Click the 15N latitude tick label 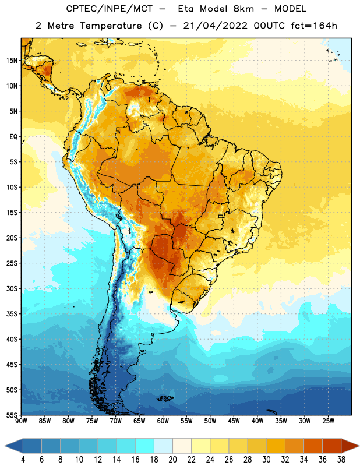pos(12,61)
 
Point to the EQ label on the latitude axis pos(13,137)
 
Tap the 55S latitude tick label pos(12,415)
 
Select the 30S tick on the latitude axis pos(12,288)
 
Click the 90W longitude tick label pos(21,421)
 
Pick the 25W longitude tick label pos(328,421)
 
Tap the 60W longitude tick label pos(163,421)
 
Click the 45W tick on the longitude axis pos(234,421)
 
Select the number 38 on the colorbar pos(341,460)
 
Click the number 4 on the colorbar pos(23,460)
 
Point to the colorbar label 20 pos(172,460)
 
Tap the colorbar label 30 pos(266,460)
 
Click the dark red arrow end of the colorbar pos(350,446)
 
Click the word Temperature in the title pos(111,26)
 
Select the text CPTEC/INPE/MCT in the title pos(109,9)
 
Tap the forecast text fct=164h pos(314,26)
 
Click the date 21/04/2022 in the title pos(215,26)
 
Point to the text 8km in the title pos(243,9)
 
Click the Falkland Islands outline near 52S pos(165,398)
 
